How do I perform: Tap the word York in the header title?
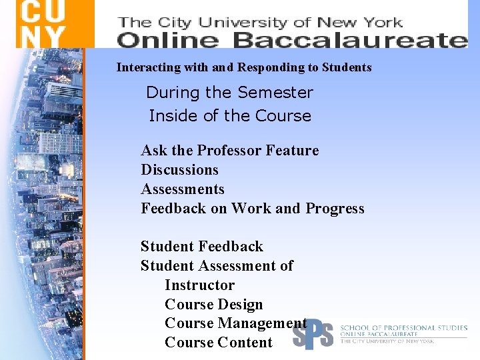point(381,22)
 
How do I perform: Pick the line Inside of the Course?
point(230,116)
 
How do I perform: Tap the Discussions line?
point(179,170)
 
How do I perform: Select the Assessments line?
point(183,189)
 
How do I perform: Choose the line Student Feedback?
point(201,247)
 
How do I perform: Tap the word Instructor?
point(199,285)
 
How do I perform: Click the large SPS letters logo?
point(313,333)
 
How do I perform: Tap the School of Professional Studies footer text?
point(403,328)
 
